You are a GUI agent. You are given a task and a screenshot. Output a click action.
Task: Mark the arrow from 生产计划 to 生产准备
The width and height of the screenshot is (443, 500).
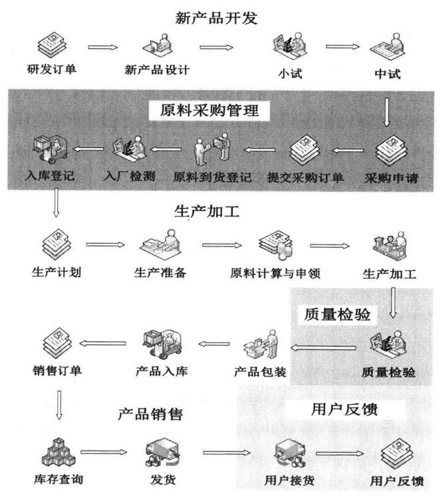(x=106, y=245)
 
